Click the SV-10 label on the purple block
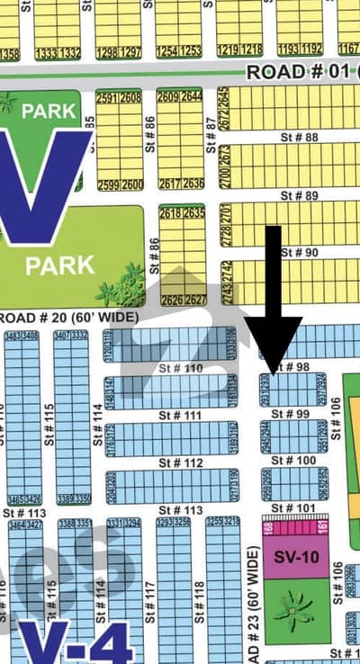click(x=296, y=557)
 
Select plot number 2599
click(x=107, y=184)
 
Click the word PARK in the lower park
click(x=60, y=265)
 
